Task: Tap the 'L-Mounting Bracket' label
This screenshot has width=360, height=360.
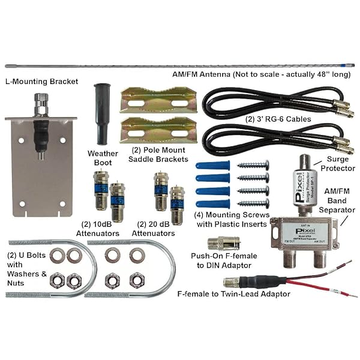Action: [41, 81]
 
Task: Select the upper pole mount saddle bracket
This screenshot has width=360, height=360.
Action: [158, 100]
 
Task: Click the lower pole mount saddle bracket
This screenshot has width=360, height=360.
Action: [158, 130]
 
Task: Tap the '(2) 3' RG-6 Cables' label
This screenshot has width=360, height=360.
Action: [278, 119]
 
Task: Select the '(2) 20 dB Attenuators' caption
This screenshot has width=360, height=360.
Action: [153, 229]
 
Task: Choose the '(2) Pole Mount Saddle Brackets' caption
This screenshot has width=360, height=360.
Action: [158, 154]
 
